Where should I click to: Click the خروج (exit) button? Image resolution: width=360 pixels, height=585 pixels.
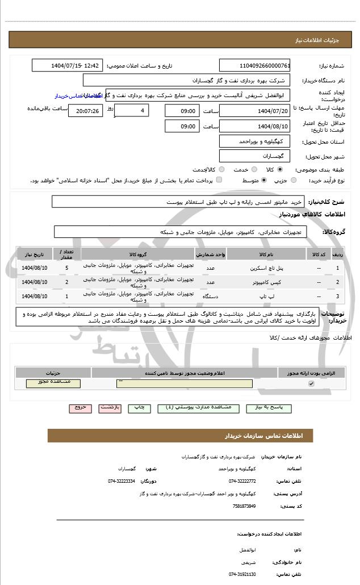coord(79,408)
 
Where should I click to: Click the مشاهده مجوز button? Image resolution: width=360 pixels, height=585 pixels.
coord(53,383)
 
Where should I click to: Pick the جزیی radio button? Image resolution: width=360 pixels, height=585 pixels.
coord(294,180)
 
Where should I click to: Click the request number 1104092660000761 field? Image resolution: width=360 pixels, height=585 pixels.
coord(254,66)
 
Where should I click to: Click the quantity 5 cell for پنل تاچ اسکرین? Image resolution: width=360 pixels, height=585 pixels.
coord(66,268)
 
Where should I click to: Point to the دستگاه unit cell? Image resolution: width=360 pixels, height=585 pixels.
coord(210,296)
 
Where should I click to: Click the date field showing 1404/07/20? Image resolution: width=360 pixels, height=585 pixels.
coord(254,111)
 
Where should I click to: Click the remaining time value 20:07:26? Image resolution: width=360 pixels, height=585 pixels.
coord(86,111)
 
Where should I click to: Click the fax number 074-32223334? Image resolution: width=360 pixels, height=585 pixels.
coord(122,481)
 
